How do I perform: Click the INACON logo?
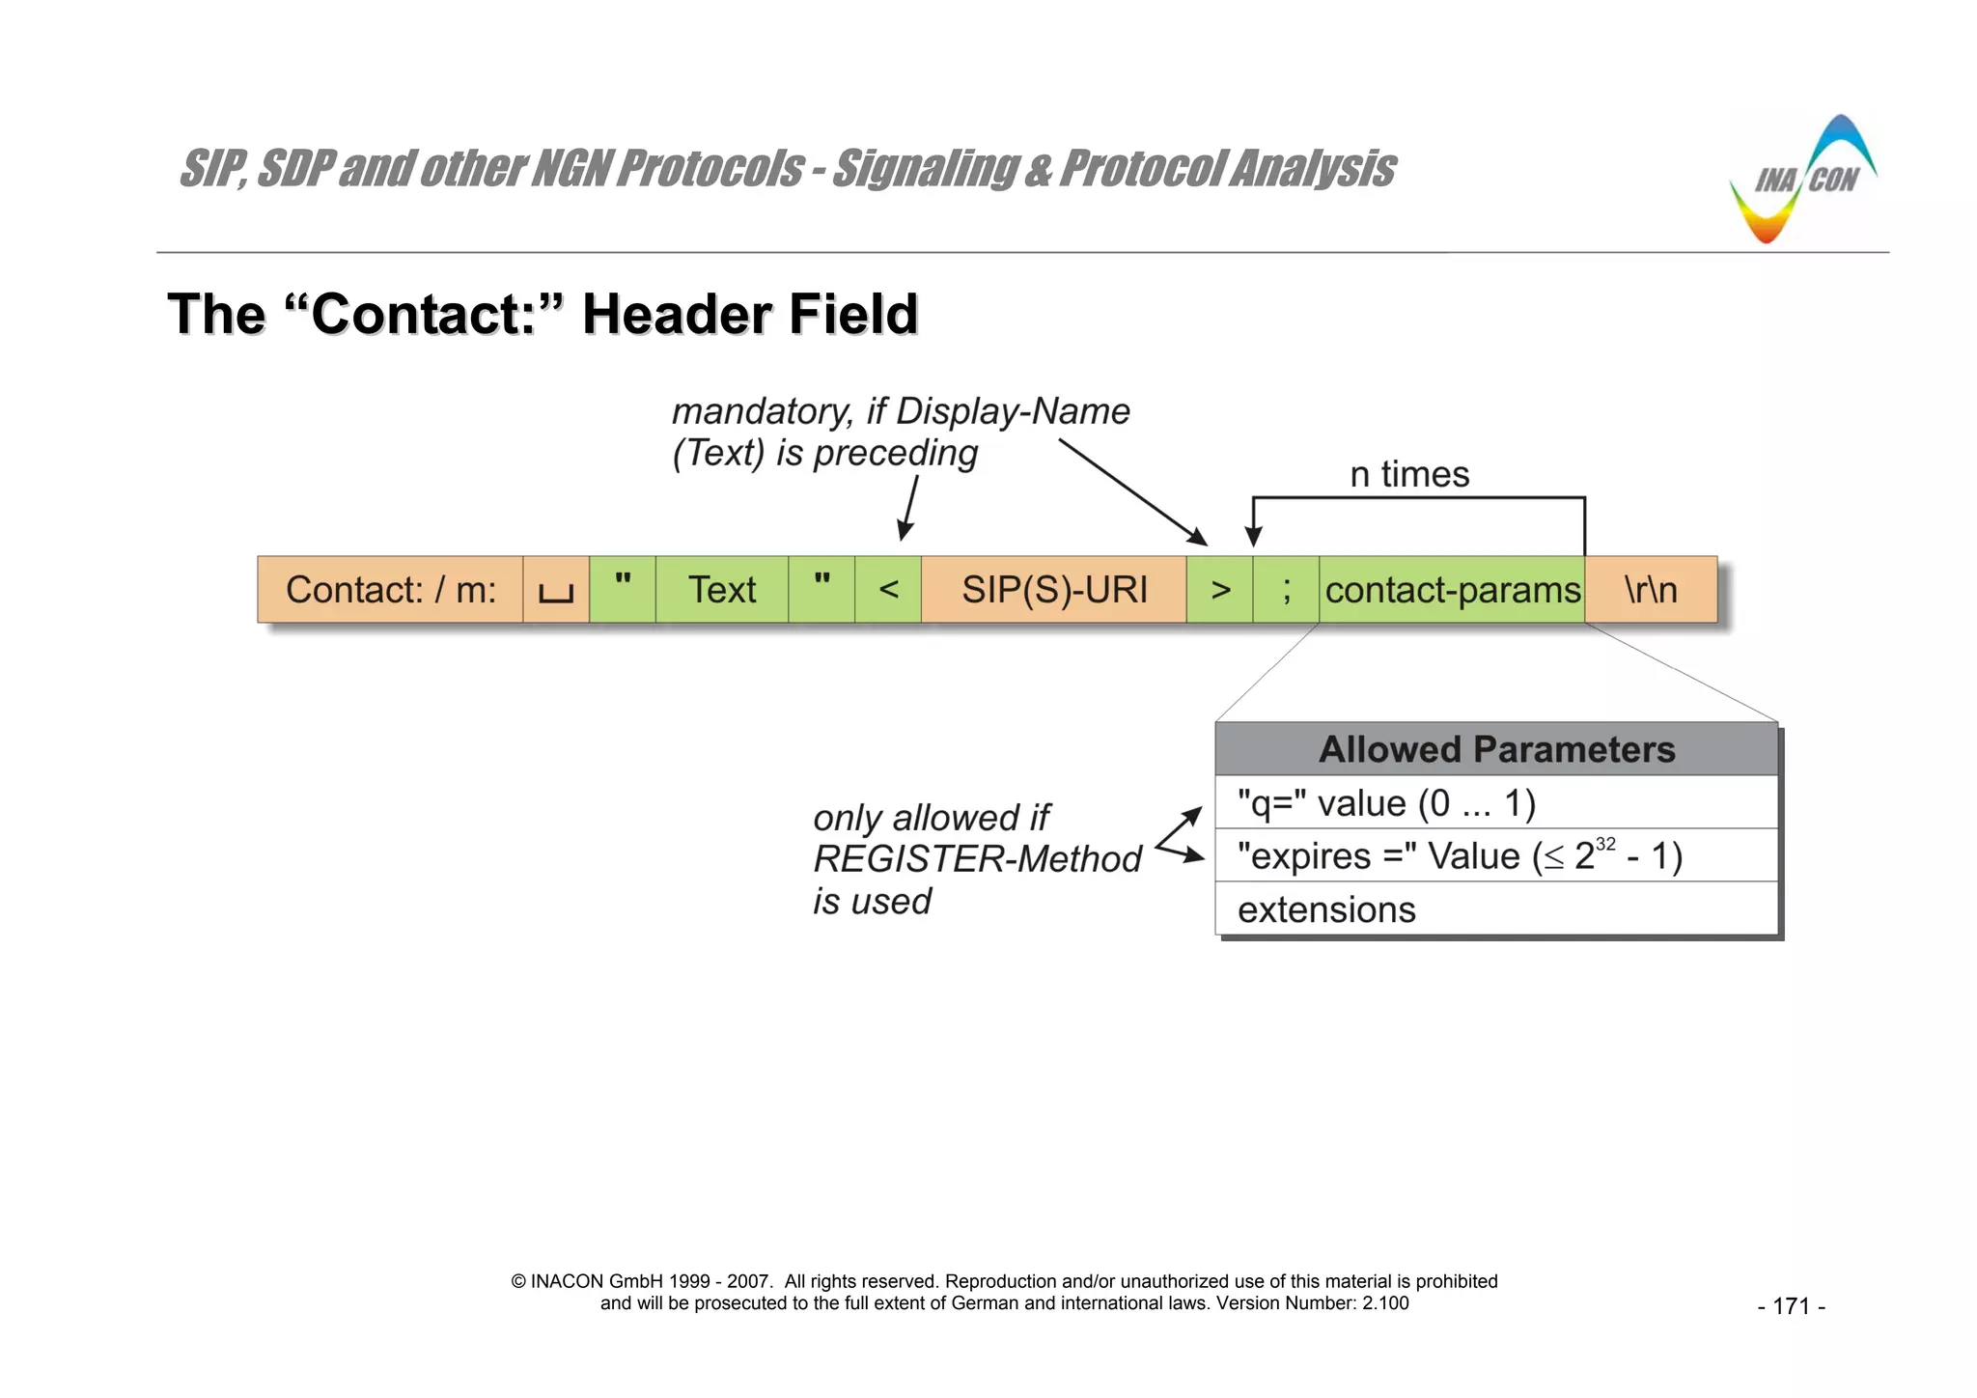pos(1801,181)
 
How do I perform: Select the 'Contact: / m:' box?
pos(390,589)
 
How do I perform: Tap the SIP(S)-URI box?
pos(1053,589)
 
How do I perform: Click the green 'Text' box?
pos(721,589)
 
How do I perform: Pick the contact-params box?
pos(1452,589)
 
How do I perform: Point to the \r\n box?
pos(1651,589)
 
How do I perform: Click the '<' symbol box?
pos(888,589)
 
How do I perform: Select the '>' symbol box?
pos(1219,589)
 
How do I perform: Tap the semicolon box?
pos(1286,589)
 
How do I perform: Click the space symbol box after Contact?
pos(556,589)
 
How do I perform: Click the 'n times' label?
pos(1409,474)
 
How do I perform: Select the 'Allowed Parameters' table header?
pos(1496,749)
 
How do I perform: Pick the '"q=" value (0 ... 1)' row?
pos(1496,802)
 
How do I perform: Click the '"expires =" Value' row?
pos(1496,855)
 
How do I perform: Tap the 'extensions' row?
pos(1496,909)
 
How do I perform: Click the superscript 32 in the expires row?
pos(1605,844)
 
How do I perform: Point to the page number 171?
pos(1791,1306)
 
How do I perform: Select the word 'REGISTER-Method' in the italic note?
pos(977,859)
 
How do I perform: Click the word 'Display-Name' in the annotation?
pos(1013,411)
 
